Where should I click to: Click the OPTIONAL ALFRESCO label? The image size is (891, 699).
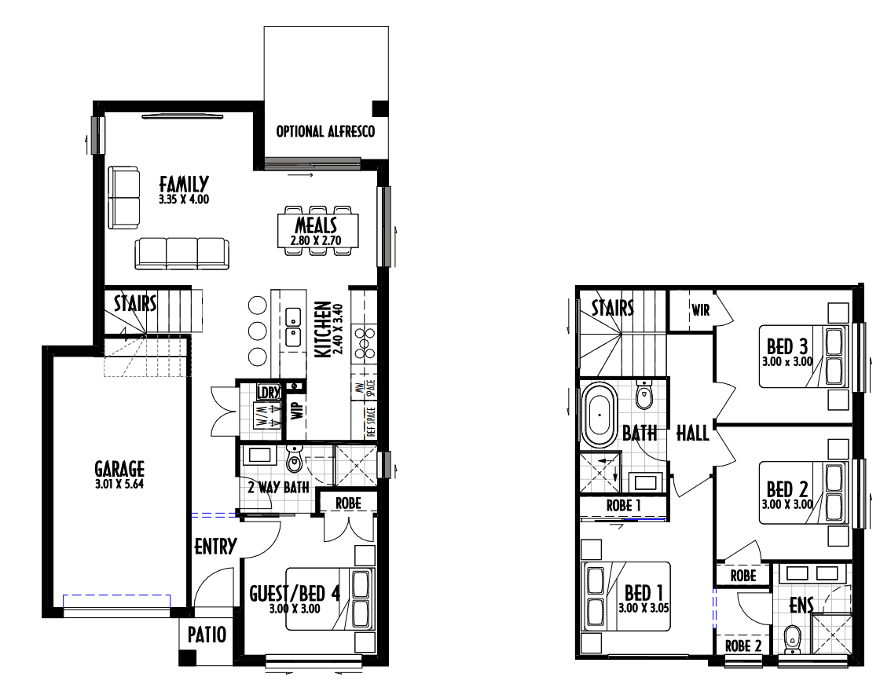pos(325,132)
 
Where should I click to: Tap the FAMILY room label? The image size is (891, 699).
pos(184,184)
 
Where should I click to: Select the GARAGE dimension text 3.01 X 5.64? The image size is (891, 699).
pos(119,485)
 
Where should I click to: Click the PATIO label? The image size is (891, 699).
pos(207,635)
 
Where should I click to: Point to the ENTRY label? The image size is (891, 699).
pos(215,547)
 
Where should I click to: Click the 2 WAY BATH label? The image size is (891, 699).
pos(278,487)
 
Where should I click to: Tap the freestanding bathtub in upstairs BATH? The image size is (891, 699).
pos(599,415)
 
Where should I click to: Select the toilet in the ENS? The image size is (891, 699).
pos(790,639)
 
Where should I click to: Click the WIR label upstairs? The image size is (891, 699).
pos(701,310)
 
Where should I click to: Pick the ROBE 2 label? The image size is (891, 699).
pos(742,646)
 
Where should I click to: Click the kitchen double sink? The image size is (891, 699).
pos(293,327)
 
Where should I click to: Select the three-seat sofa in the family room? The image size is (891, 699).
pos(181,253)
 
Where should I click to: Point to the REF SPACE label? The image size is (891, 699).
pos(371,422)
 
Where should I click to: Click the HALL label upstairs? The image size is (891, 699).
pos(693,434)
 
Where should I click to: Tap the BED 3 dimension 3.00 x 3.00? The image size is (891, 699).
pos(787,361)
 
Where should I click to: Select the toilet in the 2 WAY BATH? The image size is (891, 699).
pos(294,459)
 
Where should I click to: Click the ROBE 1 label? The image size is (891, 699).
pos(623,505)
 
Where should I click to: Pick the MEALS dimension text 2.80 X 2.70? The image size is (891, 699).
pos(316,240)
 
